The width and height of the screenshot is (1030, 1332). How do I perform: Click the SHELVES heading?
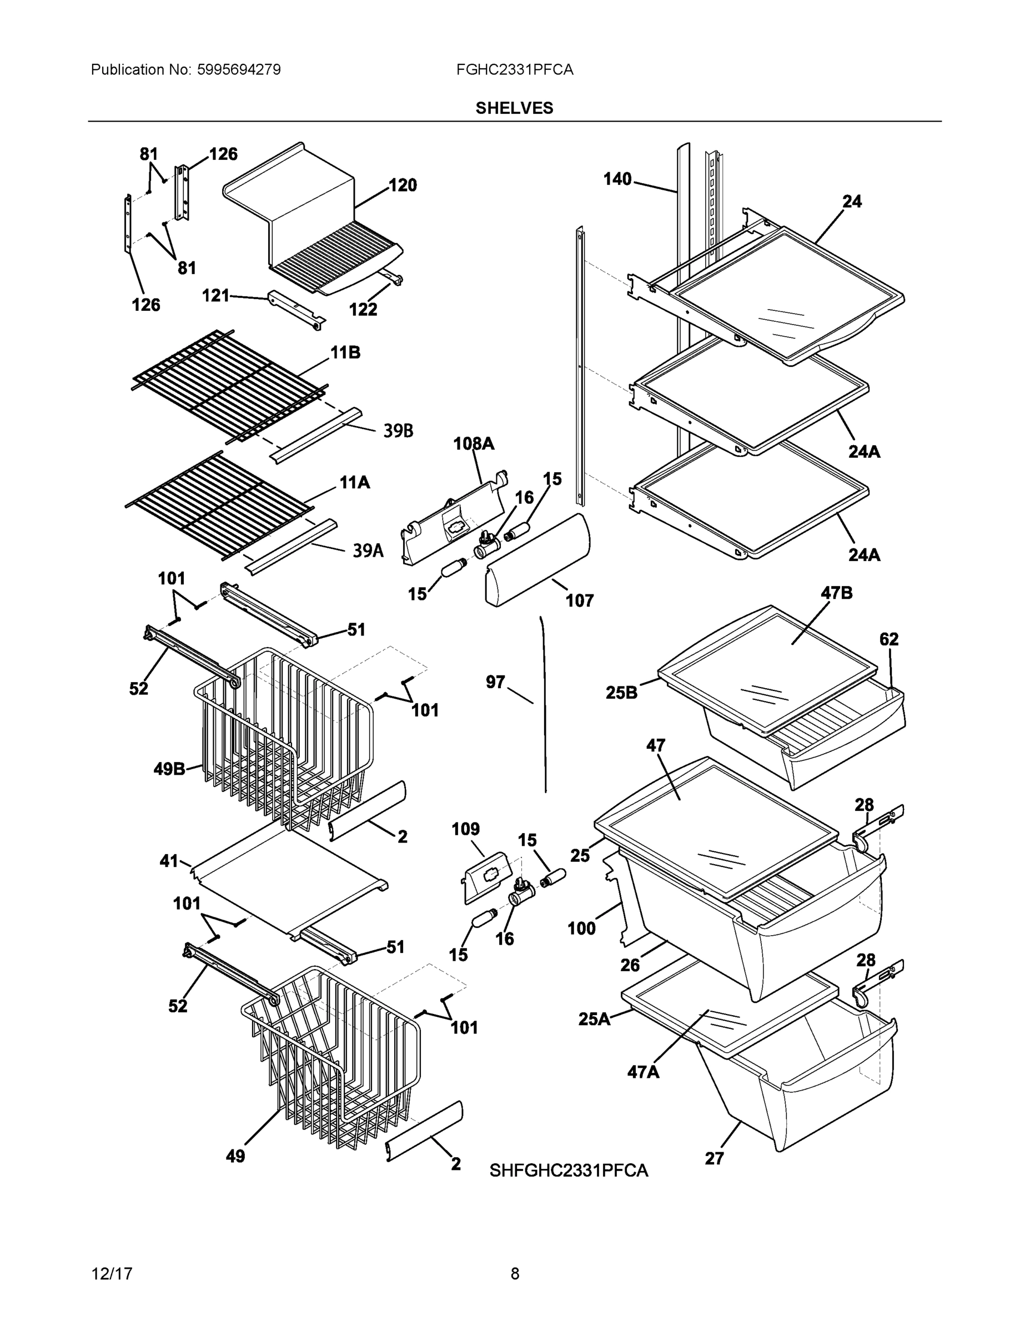pos(514,108)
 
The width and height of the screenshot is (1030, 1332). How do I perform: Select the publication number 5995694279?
pos(239,69)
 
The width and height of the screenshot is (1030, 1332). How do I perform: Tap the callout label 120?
pos(403,185)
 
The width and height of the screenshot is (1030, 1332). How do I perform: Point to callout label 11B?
pos(345,352)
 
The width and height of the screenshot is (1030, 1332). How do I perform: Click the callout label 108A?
pos(474,443)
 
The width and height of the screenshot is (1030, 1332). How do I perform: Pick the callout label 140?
pos(617,179)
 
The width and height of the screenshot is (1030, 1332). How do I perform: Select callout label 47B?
pos(837,593)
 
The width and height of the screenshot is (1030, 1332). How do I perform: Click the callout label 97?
pos(495,682)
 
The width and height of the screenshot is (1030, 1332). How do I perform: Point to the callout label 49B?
pos(169,769)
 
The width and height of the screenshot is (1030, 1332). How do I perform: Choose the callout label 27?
pos(714,1158)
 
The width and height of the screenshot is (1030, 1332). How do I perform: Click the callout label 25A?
pos(594,1018)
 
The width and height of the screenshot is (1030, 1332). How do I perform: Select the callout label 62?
pos(888,639)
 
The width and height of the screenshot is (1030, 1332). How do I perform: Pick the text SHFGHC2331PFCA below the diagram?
pos(568,1170)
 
